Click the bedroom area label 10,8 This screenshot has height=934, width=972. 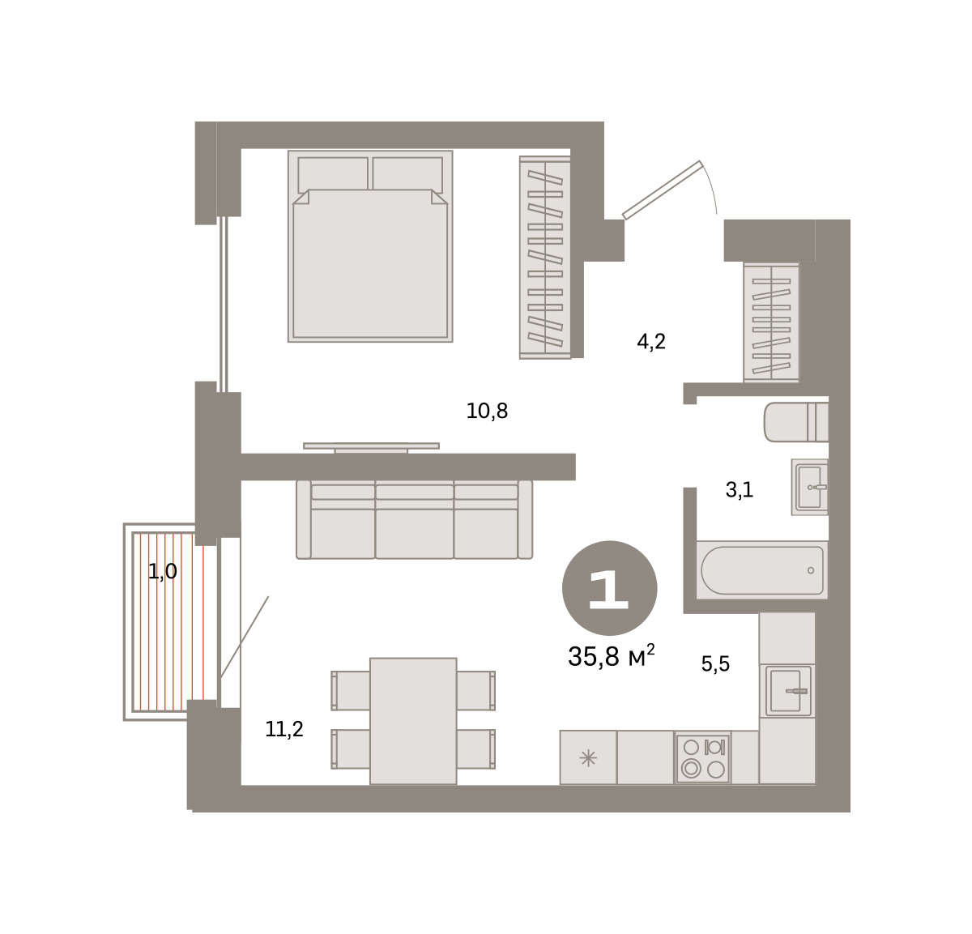point(487,412)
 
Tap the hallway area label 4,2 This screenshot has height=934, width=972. point(650,342)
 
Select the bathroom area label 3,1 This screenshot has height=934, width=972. point(739,490)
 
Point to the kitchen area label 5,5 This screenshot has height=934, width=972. point(715,663)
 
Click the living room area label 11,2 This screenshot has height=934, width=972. point(283,730)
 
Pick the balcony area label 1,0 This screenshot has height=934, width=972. point(162,571)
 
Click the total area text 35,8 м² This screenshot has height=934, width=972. point(611,656)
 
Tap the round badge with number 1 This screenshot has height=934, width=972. point(609,588)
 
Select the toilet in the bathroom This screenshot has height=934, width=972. point(795,422)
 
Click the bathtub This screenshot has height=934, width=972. point(761,570)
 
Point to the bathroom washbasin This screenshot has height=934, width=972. point(810,487)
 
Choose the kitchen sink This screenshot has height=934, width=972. point(787,691)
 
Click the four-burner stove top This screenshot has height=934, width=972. point(703,758)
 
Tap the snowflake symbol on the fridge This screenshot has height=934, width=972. point(588,758)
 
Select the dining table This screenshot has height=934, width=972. point(413,721)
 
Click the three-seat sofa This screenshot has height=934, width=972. point(414,519)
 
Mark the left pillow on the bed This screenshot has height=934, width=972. point(333,175)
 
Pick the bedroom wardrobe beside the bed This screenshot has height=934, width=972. point(545,258)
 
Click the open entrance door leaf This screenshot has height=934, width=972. point(663,190)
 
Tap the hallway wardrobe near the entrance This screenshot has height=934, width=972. point(771,322)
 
